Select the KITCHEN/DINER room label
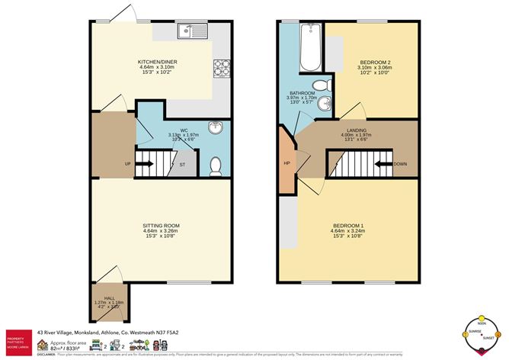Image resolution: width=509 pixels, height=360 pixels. pyautogui.click(x=158, y=62)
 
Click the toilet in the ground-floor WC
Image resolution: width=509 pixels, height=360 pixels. pyautogui.click(x=216, y=163)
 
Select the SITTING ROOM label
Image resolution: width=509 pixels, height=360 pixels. pyautogui.click(x=161, y=227)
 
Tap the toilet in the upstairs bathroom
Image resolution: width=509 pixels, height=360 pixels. pyautogui.click(x=319, y=85)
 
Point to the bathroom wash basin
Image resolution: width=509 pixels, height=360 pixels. pyautogui.click(x=325, y=104)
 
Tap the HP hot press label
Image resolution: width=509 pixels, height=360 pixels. pyautogui.click(x=287, y=163)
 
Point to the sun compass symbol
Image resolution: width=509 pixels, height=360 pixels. pyautogui.click(x=481, y=334)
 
